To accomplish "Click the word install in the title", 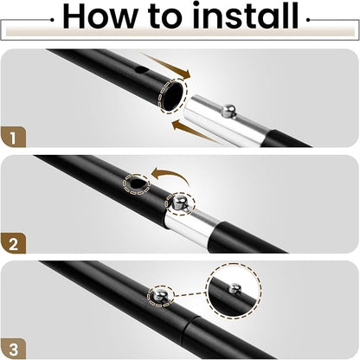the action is [x=246, y=15].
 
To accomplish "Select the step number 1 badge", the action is [x=13, y=138].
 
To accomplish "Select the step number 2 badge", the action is [x=13, y=244].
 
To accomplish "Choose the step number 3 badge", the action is [x=13, y=350].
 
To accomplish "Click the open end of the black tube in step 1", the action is [x=172, y=95].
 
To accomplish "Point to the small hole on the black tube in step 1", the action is [x=141, y=69].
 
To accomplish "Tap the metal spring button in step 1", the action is [x=228, y=111].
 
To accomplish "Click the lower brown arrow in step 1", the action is [x=196, y=132].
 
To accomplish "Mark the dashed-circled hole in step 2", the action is [x=137, y=184].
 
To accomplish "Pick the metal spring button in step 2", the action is [x=180, y=202].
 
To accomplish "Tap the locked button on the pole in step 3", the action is [x=160, y=295].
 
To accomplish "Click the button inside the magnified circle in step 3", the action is [x=235, y=289].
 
